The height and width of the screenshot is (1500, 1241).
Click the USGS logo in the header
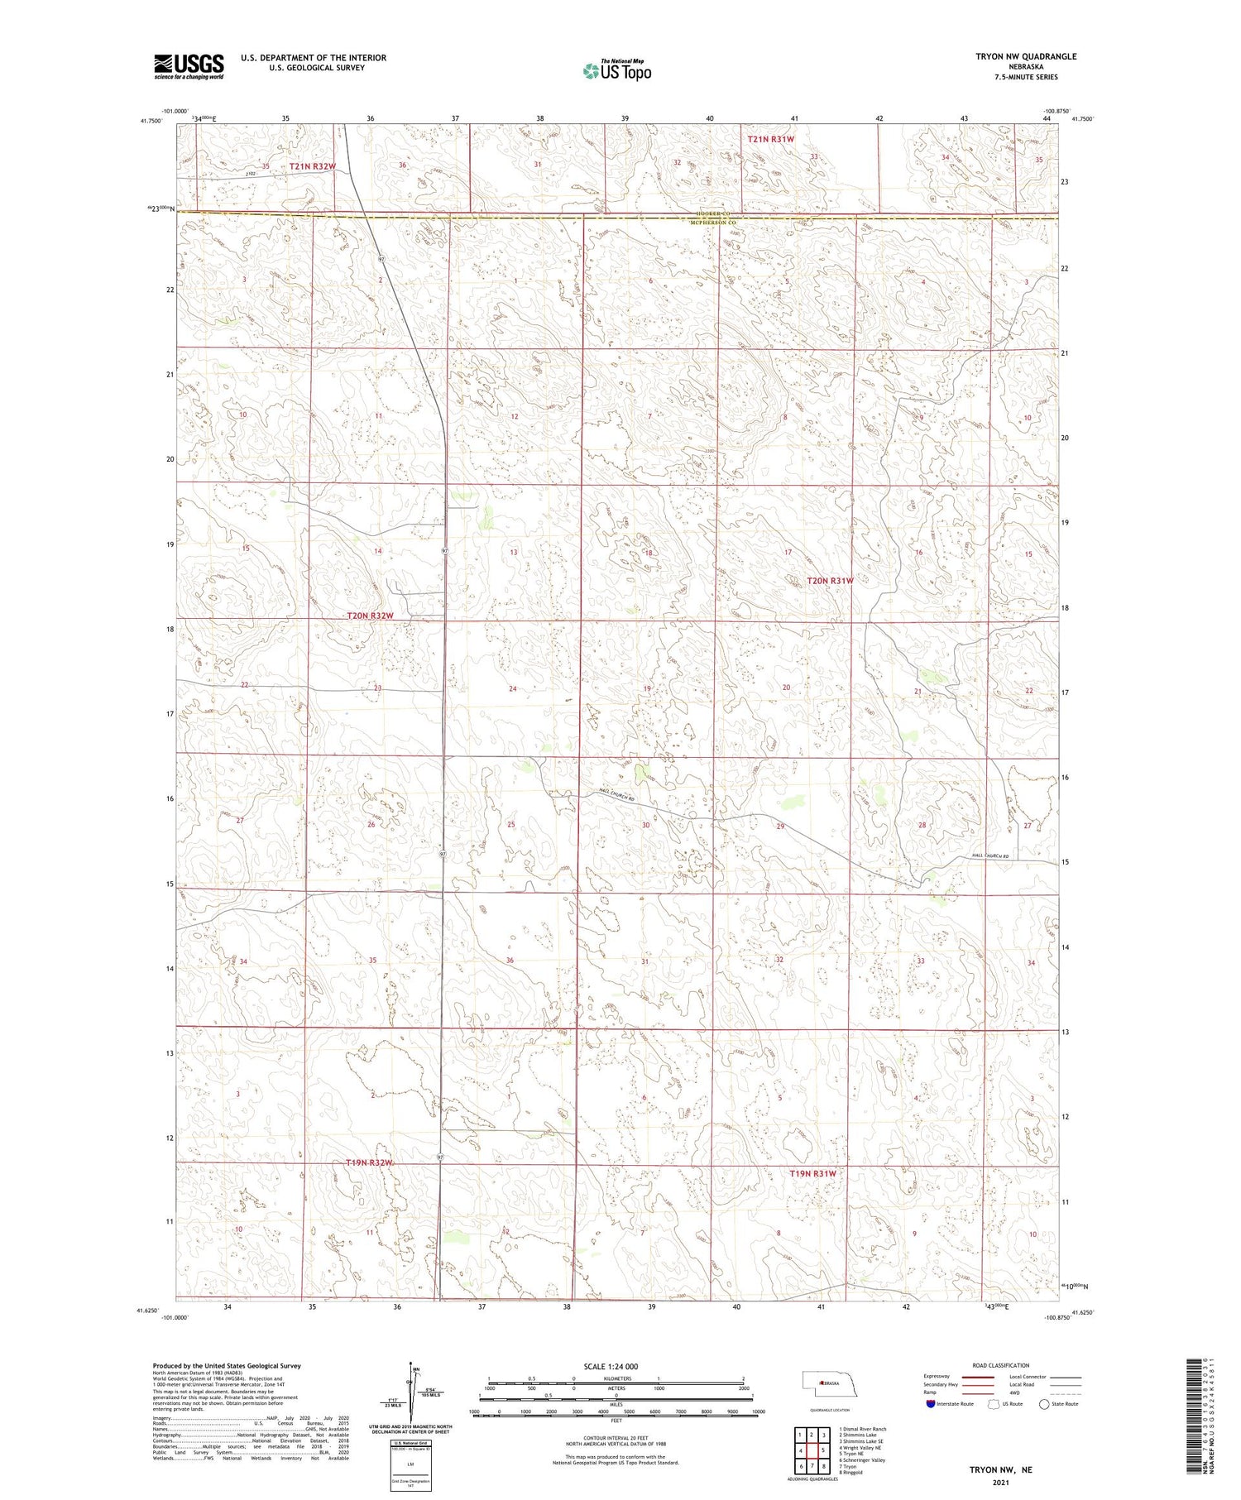[x=189, y=66]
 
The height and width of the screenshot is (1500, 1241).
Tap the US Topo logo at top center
[x=616, y=70]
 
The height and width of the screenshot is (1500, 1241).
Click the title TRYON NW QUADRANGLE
[x=1026, y=56]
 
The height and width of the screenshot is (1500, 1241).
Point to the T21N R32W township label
[x=313, y=166]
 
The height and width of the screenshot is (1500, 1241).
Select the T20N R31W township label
[x=830, y=581]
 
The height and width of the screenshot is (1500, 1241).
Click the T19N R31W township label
[x=812, y=1173]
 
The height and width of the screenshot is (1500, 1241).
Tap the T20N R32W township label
[x=369, y=616]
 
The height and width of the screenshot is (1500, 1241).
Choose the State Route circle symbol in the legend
[x=1044, y=1404]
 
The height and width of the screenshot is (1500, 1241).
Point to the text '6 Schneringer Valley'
[x=861, y=1460]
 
